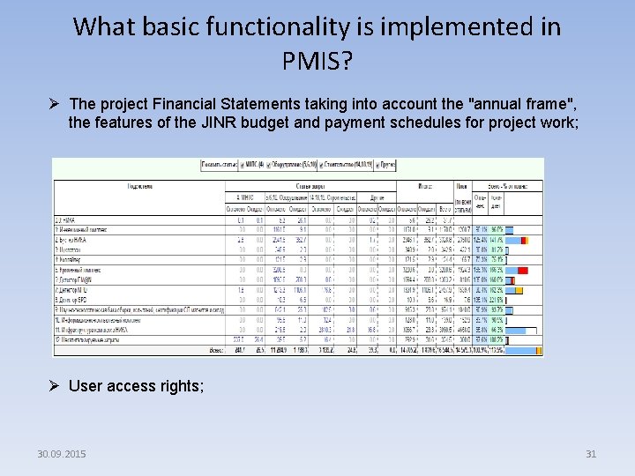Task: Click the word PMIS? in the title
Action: (317, 61)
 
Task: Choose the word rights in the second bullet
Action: (181, 385)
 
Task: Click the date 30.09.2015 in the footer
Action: (62, 454)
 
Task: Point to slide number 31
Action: (591, 454)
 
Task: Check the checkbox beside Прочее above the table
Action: (378, 165)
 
